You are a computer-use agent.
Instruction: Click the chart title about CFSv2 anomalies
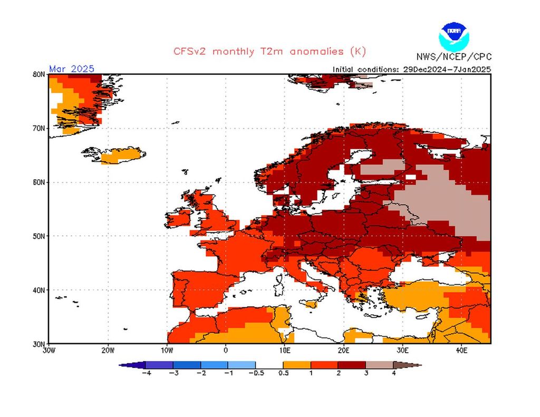[269, 52]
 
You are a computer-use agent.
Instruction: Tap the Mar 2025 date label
[72, 69]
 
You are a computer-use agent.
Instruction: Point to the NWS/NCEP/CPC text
[453, 57]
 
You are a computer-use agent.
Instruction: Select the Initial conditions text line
[412, 69]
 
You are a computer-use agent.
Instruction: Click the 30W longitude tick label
[49, 350]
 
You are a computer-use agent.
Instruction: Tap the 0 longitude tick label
[226, 350]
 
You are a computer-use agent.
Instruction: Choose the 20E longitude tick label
[343, 350]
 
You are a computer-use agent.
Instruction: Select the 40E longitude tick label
[461, 350]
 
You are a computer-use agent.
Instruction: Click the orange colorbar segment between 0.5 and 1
[297, 364]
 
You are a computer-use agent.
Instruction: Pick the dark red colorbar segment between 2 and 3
[352, 364]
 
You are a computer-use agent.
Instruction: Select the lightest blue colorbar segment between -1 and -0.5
[242, 364]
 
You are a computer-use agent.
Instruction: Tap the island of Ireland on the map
[179, 219]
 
